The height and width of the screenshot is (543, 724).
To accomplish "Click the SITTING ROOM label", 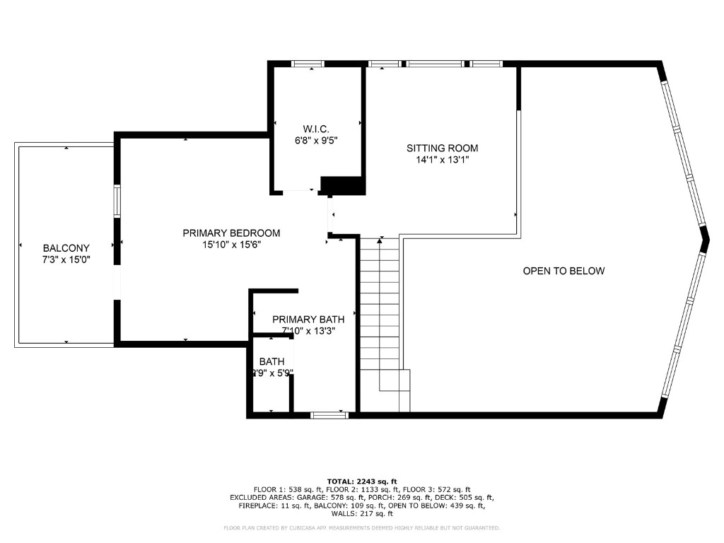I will (x=442, y=148).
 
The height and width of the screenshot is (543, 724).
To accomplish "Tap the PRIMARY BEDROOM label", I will (x=231, y=233).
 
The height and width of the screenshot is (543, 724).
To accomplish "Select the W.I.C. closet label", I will (x=316, y=129).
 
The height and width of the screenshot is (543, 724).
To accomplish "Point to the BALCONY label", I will (x=66, y=248).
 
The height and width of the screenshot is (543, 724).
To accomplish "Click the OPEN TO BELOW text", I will (x=564, y=271).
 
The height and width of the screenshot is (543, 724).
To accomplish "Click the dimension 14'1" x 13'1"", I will (x=442, y=160).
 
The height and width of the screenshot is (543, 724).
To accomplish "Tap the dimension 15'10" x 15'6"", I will (x=231, y=245).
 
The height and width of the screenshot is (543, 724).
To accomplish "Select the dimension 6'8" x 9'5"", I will (x=316, y=140).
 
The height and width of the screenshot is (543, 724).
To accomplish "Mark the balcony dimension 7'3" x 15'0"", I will (x=66, y=259).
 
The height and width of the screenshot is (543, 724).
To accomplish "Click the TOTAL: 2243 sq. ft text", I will (x=361, y=481).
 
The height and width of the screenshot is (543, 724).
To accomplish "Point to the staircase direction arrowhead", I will (x=380, y=241).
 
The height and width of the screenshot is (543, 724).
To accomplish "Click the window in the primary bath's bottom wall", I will (x=329, y=415).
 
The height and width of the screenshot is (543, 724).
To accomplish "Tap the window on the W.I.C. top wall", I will (x=308, y=64).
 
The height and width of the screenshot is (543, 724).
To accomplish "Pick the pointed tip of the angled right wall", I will (x=706, y=242).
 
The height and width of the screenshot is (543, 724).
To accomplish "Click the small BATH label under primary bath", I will (x=271, y=361).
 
